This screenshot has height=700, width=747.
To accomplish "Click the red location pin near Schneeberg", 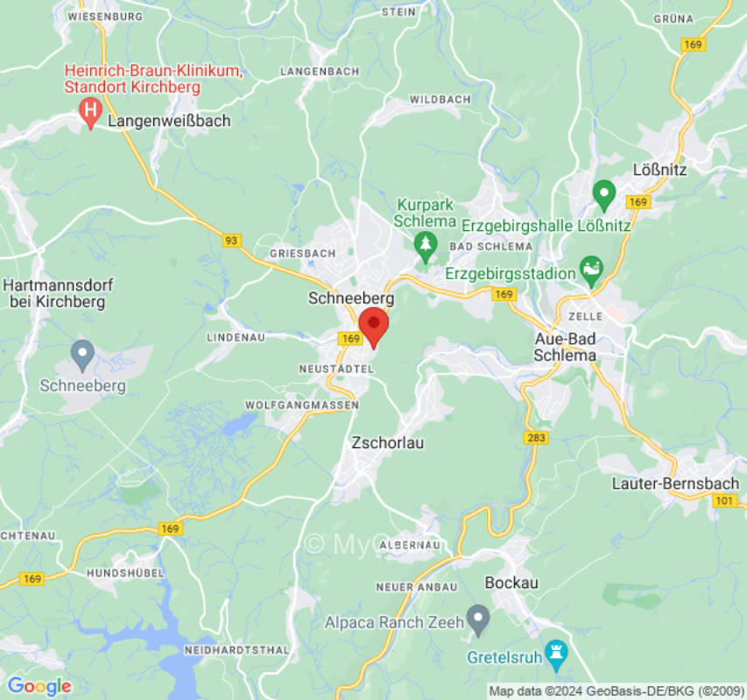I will click(x=374, y=325).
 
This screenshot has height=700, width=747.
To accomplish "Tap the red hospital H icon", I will click(x=89, y=110).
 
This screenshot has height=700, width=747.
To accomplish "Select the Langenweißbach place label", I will click(x=169, y=121).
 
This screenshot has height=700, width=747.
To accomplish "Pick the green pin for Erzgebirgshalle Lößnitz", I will click(x=603, y=191).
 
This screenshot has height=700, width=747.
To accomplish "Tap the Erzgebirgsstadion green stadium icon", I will click(x=591, y=266).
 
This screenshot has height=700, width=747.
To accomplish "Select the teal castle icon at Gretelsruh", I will click(x=555, y=651).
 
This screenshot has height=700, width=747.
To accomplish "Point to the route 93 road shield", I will click(x=231, y=241).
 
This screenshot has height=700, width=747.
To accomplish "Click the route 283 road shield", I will click(x=537, y=437).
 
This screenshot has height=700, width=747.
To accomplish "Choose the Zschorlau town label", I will click(x=387, y=443).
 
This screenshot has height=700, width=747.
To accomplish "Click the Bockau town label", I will click(x=511, y=583).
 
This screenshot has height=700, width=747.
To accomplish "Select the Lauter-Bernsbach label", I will click(x=675, y=483).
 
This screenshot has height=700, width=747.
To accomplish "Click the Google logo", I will click(x=39, y=686).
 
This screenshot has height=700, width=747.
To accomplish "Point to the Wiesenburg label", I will click(x=105, y=17).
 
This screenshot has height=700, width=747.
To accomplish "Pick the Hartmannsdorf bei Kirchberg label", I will click(x=57, y=294).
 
